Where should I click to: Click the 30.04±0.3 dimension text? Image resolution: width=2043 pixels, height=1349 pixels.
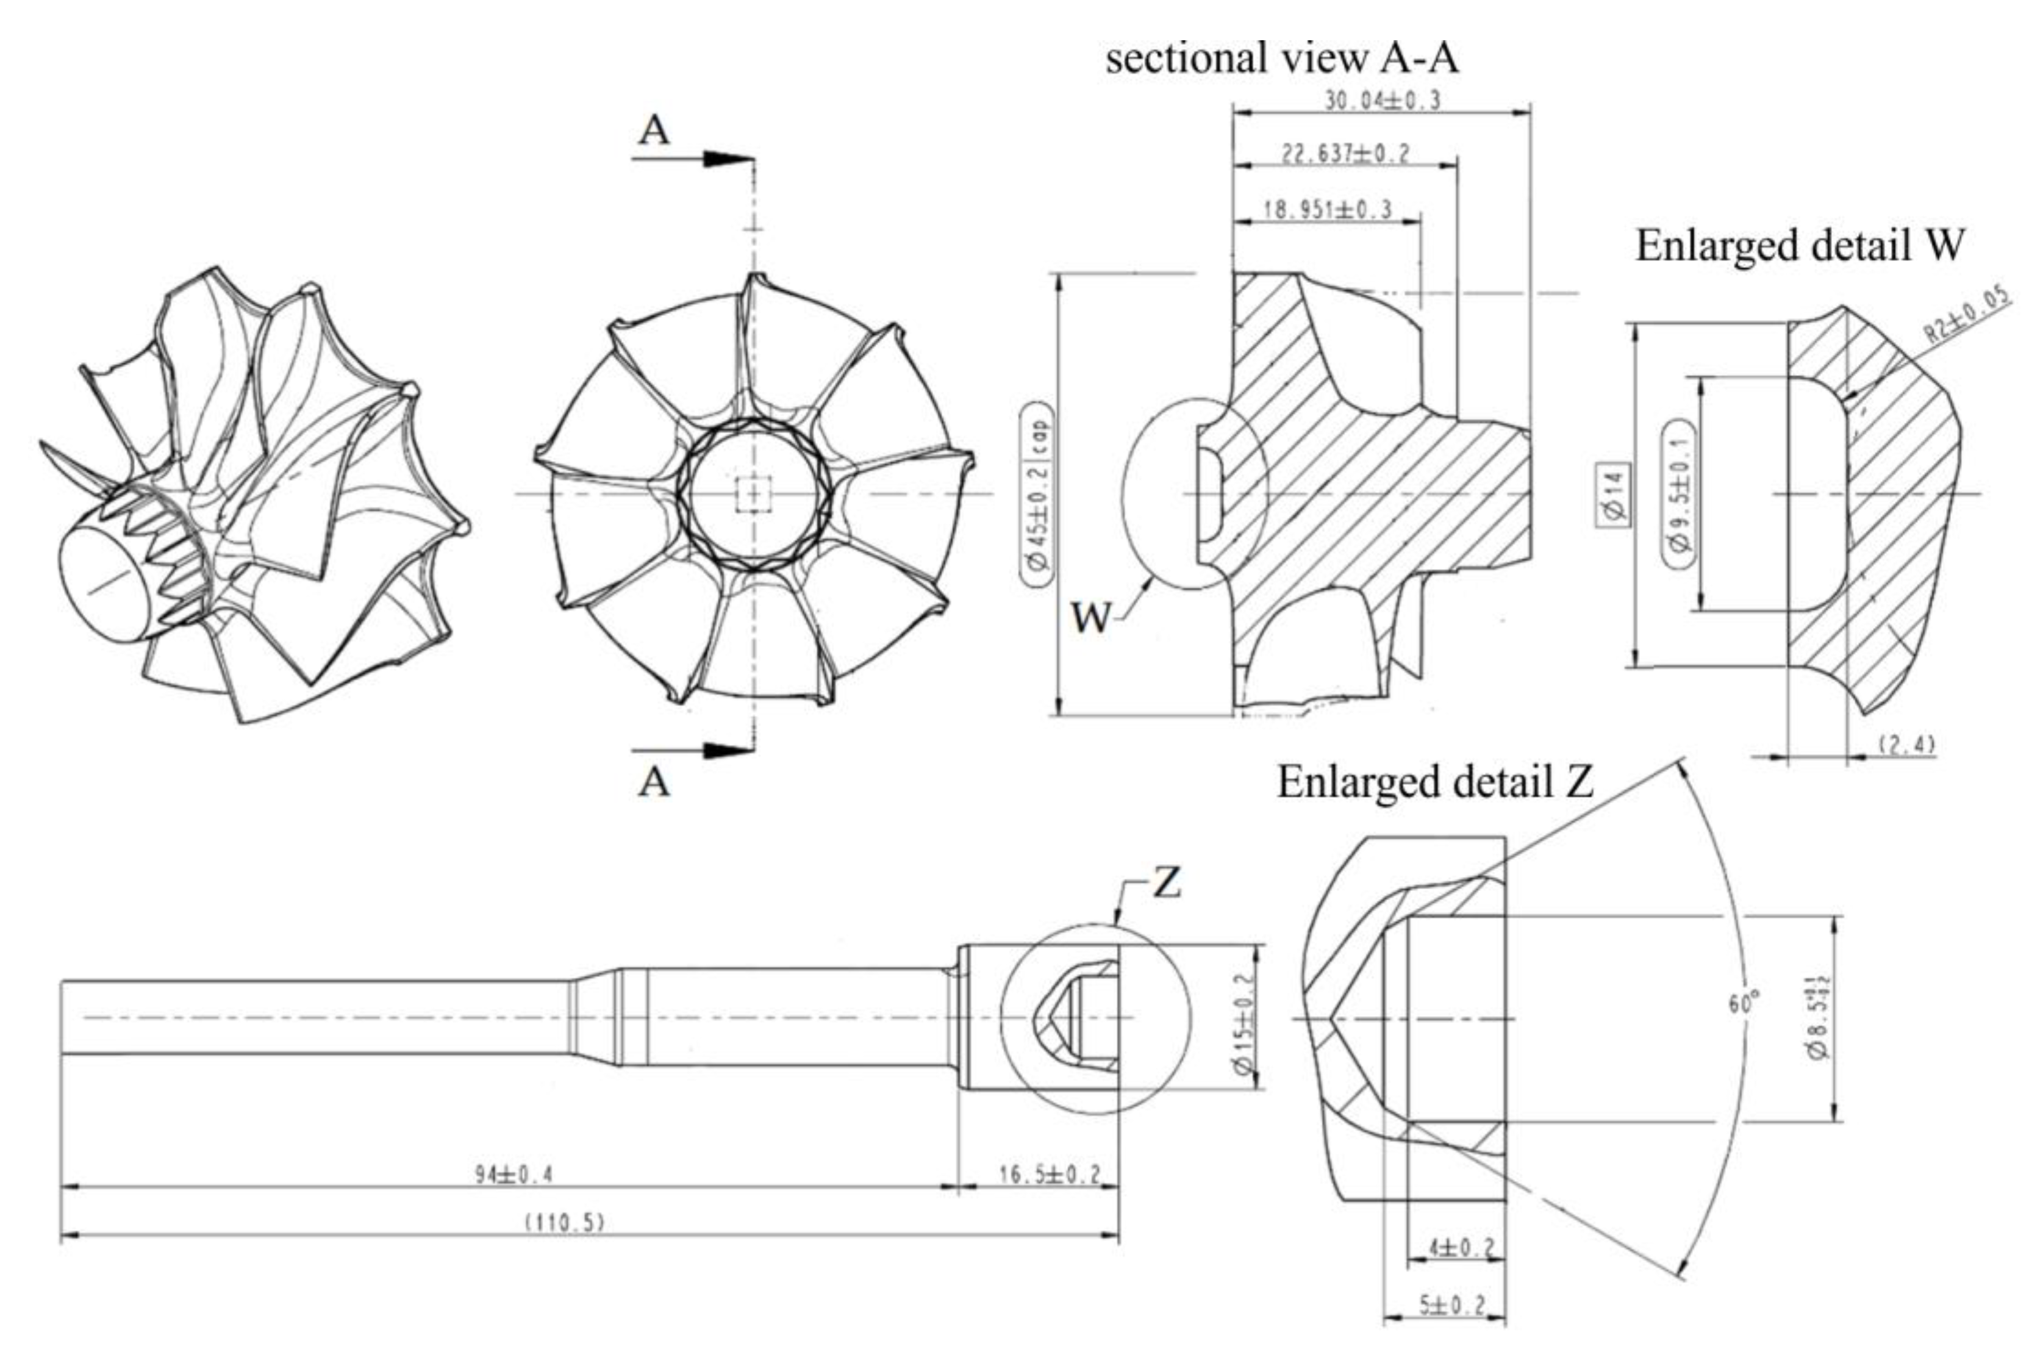point(1381,101)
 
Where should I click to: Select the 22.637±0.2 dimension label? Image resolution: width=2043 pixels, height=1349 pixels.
point(1346,154)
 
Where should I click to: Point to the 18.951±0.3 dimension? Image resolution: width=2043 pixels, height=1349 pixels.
point(1327,210)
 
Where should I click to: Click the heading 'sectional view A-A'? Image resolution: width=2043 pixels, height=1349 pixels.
point(1283,59)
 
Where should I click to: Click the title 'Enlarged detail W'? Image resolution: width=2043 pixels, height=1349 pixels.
point(1800,246)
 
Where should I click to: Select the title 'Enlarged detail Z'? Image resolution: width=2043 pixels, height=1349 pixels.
point(1435,782)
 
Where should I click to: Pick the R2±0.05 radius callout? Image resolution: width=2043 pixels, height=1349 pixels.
point(1968,317)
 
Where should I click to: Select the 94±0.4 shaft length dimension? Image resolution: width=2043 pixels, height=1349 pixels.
point(514,1175)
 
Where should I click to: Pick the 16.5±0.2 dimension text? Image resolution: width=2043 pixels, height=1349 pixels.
point(1050,1175)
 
